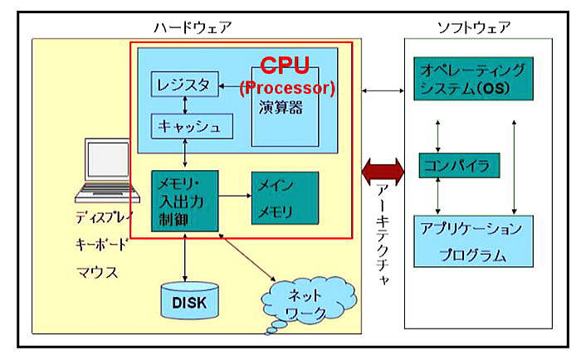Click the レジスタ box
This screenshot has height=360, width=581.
point(185,84)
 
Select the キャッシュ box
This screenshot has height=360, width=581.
point(188,127)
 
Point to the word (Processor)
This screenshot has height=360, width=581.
point(286,87)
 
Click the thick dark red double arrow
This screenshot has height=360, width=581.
point(383,170)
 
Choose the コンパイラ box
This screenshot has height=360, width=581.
point(459,165)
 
